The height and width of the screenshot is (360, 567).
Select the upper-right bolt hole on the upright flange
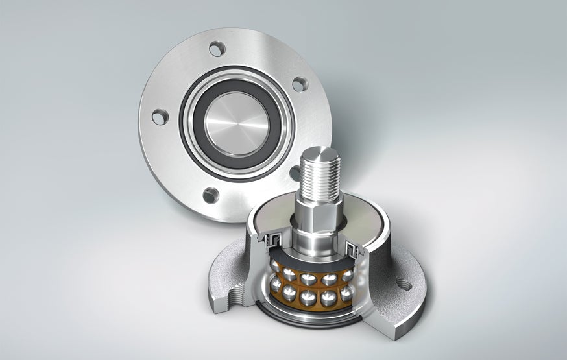(x=299, y=84)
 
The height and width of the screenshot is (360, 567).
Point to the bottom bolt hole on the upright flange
(x=210, y=195)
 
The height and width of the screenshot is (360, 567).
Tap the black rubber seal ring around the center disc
(x=195, y=130)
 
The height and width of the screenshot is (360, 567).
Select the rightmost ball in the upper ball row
(x=350, y=274)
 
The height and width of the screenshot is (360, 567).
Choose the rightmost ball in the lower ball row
(x=348, y=293)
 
